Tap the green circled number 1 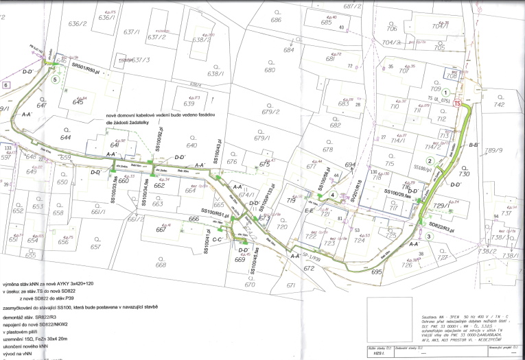point(446,92)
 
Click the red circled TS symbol point(458,103)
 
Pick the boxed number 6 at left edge point(6,84)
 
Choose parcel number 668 point(161,265)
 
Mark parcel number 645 point(78,102)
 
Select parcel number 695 point(376,272)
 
